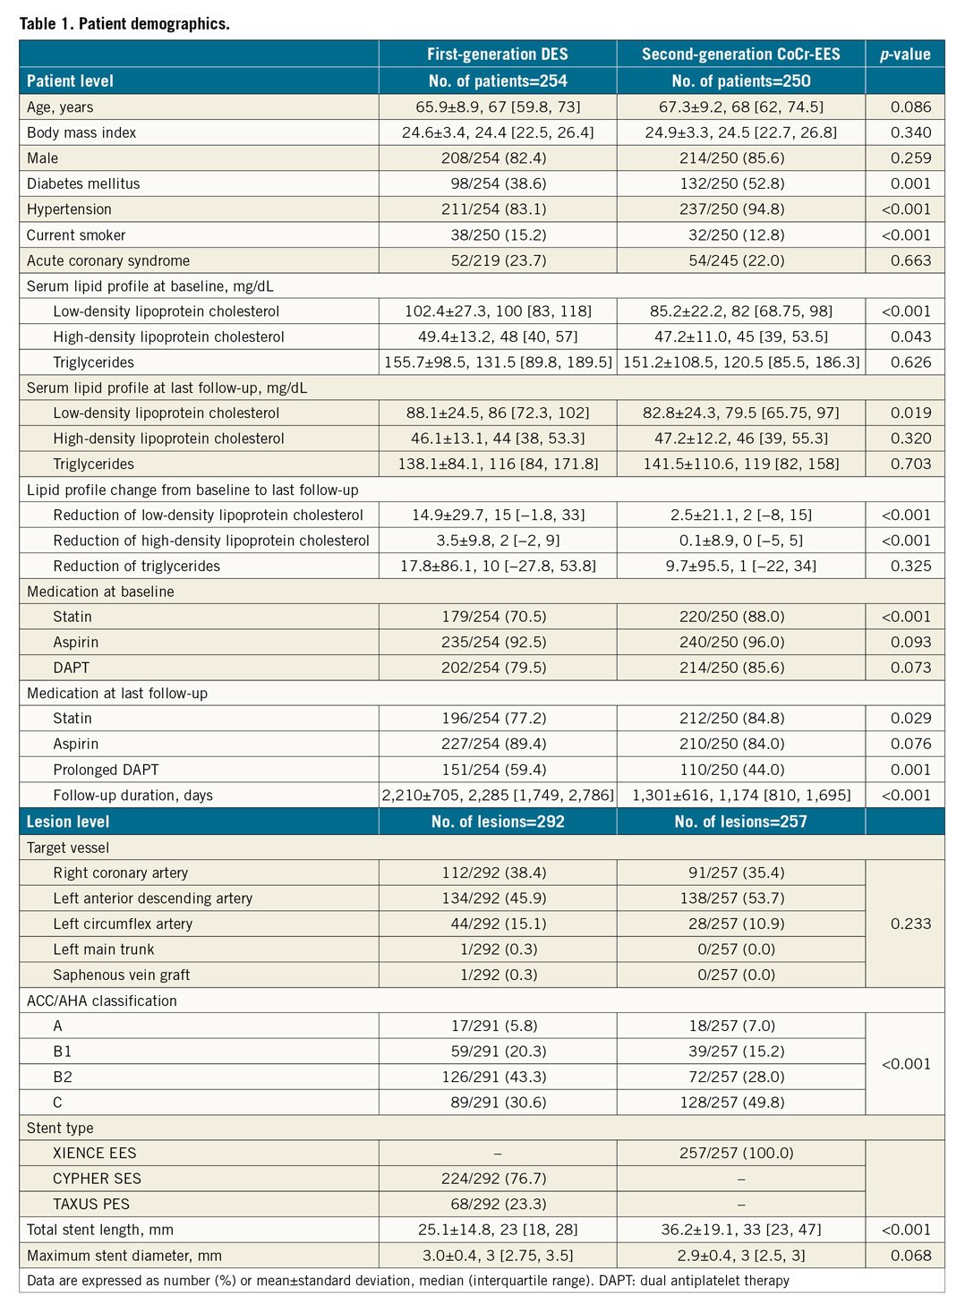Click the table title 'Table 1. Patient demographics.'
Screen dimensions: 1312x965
point(124,23)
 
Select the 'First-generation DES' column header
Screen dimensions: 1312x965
point(497,54)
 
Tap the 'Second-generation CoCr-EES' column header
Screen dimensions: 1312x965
point(740,54)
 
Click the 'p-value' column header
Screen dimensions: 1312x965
point(905,54)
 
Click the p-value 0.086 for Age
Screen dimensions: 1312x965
point(910,106)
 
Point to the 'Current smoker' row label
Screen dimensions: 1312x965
point(76,235)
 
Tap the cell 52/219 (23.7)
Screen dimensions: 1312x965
point(498,260)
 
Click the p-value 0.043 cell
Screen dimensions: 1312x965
point(910,337)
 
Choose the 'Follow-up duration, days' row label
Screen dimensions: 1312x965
point(132,795)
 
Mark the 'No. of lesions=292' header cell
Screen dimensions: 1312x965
point(498,822)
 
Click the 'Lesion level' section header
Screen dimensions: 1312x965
point(68,822)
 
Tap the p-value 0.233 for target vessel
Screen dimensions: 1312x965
point(910,924)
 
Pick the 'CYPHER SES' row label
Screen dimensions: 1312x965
point(97,1179)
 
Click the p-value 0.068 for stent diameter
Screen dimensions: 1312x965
point(910,1256)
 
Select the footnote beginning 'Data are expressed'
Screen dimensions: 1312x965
point(407,1281)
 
